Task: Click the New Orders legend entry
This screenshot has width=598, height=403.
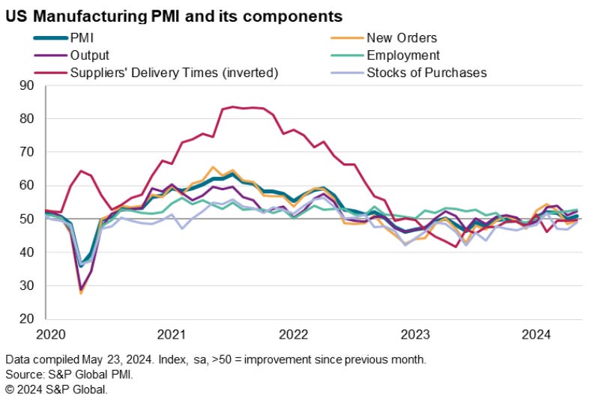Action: [401, 37]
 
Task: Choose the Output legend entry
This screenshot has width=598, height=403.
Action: [90, 55]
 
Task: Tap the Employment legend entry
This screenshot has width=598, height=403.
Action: [403, 55]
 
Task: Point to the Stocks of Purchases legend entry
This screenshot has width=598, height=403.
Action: [426, 73]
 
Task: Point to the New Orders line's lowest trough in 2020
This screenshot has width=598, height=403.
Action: [81, 293]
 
